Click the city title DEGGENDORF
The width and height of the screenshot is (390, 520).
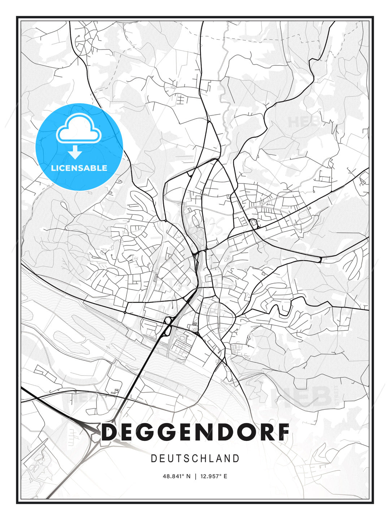point(195,432)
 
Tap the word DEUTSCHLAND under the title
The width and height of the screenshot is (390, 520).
point(195,459)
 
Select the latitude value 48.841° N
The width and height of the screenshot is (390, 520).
point(177,476)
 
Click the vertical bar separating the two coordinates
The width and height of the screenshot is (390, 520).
point(195,476)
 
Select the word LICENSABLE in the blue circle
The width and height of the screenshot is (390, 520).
point(79,168)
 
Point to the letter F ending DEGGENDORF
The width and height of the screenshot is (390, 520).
point(284,432)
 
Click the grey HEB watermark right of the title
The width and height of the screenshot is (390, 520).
point(303,396)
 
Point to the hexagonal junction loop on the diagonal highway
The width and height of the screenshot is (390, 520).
point(168,320)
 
